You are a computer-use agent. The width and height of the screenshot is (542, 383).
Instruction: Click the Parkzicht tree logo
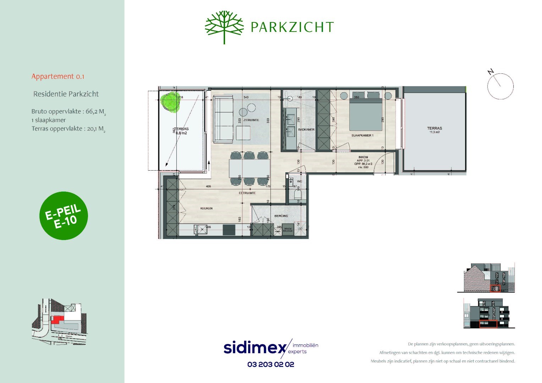click(x=224, y=27)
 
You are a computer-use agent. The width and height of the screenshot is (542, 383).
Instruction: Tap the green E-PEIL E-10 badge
click(x=64, y=216)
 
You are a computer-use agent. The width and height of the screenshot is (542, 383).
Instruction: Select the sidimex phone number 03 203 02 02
click(x=271, y=364)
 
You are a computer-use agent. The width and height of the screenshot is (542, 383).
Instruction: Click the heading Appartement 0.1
click(x=58, y=76)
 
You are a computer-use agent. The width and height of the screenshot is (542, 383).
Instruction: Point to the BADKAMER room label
click(x=306, y=130)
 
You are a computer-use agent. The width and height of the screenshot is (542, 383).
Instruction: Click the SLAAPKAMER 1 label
click(x=362, y=135)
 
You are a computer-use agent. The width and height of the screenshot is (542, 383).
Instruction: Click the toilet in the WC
click(x=297, y=195)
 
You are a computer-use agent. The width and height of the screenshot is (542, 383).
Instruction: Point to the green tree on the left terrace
click(x=170, y=101)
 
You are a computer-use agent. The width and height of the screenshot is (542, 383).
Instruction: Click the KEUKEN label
click(x=206, y=209)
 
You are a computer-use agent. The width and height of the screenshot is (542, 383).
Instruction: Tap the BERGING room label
click(x=281, y=216)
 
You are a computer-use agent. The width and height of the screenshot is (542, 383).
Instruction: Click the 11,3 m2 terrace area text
click(x=434, y=132)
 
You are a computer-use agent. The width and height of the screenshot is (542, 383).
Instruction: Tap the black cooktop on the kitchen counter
click(x=229, y=230)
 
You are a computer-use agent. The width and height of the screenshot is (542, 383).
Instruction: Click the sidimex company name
click(x=254, y=348)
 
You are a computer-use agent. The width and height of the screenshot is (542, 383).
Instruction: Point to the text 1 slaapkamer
click(x=49, y=120)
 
